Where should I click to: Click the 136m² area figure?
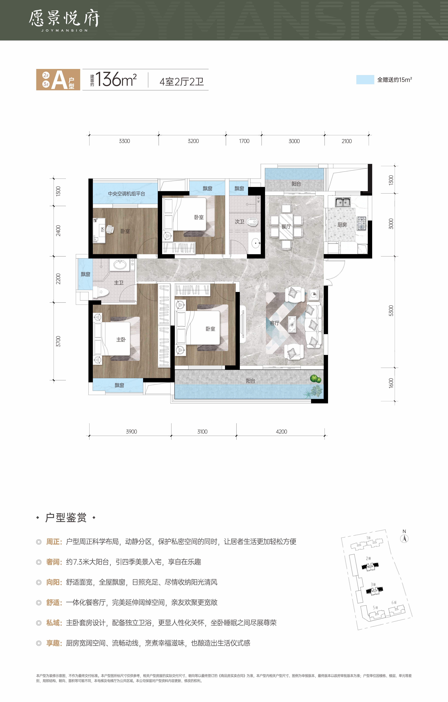tap(116, 79)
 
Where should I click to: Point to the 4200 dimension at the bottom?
tap(281, 431)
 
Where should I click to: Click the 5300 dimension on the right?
tap(391, 311)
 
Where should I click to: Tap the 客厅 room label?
tap(275, 323)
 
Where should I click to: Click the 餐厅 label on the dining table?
tap(286, 227)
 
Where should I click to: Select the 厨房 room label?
tap(342, 225)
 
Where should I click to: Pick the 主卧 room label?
tap(121, 340)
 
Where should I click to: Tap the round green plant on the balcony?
tap(315, 379)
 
